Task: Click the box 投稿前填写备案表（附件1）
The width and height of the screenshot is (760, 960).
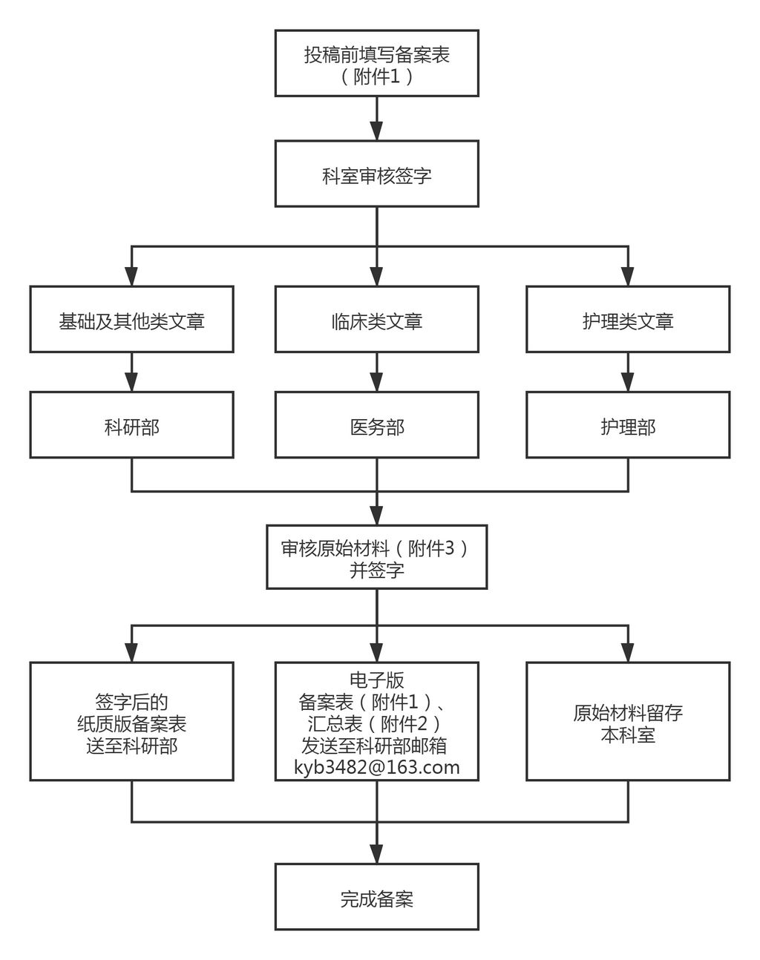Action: click(376, 63)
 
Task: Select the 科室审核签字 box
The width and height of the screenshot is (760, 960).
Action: click(376, 174)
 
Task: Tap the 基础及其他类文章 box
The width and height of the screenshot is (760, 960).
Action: click(131, 319)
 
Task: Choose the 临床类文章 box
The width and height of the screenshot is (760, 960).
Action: click(376, 319)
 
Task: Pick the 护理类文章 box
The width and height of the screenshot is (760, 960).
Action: click(628, 319)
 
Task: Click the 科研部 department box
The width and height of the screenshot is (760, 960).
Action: click(131, 425)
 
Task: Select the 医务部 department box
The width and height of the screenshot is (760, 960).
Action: click(376, 425)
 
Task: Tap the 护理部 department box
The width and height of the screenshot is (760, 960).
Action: click(628, 425)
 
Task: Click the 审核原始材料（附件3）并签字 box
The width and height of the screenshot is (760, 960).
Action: click(376, 558)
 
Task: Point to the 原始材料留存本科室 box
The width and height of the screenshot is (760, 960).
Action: click(628, 721)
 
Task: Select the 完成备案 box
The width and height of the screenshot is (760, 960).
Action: click(376, 897)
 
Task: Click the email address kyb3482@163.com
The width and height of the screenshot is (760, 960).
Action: click(376, 767)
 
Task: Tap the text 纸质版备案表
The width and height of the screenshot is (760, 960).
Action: click(131, 723)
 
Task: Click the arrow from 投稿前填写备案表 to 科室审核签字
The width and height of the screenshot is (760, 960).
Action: click(376, 119)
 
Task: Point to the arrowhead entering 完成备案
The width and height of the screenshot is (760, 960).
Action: click(376, 854)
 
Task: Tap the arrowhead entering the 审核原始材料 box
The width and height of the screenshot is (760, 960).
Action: click(376, 516)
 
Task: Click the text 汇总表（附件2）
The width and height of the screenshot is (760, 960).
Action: click(376, 723)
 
